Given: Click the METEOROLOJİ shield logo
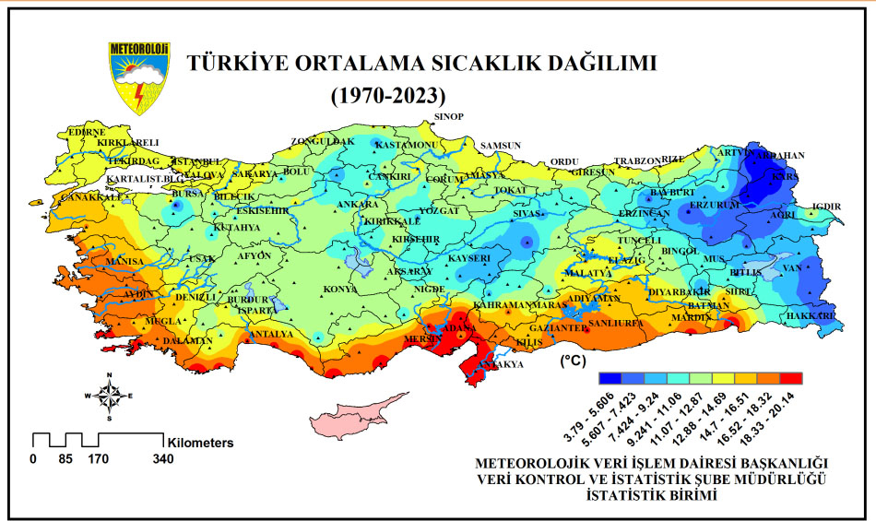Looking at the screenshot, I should tap(138, 77).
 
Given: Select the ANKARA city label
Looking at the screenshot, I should tap(358, 204).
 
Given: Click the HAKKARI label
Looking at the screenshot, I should tap(811, 316).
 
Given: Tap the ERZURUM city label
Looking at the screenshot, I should tap(716, 204).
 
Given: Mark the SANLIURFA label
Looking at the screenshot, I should tap(614, 324).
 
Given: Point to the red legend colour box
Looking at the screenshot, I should tap(791, 378).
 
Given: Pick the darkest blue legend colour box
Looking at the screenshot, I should tap(610, 378).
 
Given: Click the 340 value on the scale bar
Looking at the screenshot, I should tap(163, 457).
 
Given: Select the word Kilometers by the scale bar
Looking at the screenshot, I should tap(200, 443).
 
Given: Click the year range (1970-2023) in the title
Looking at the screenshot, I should tap(387, 94).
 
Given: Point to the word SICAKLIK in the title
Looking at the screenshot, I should tap(485, 64).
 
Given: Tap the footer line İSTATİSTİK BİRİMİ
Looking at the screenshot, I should tap(651, 494).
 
